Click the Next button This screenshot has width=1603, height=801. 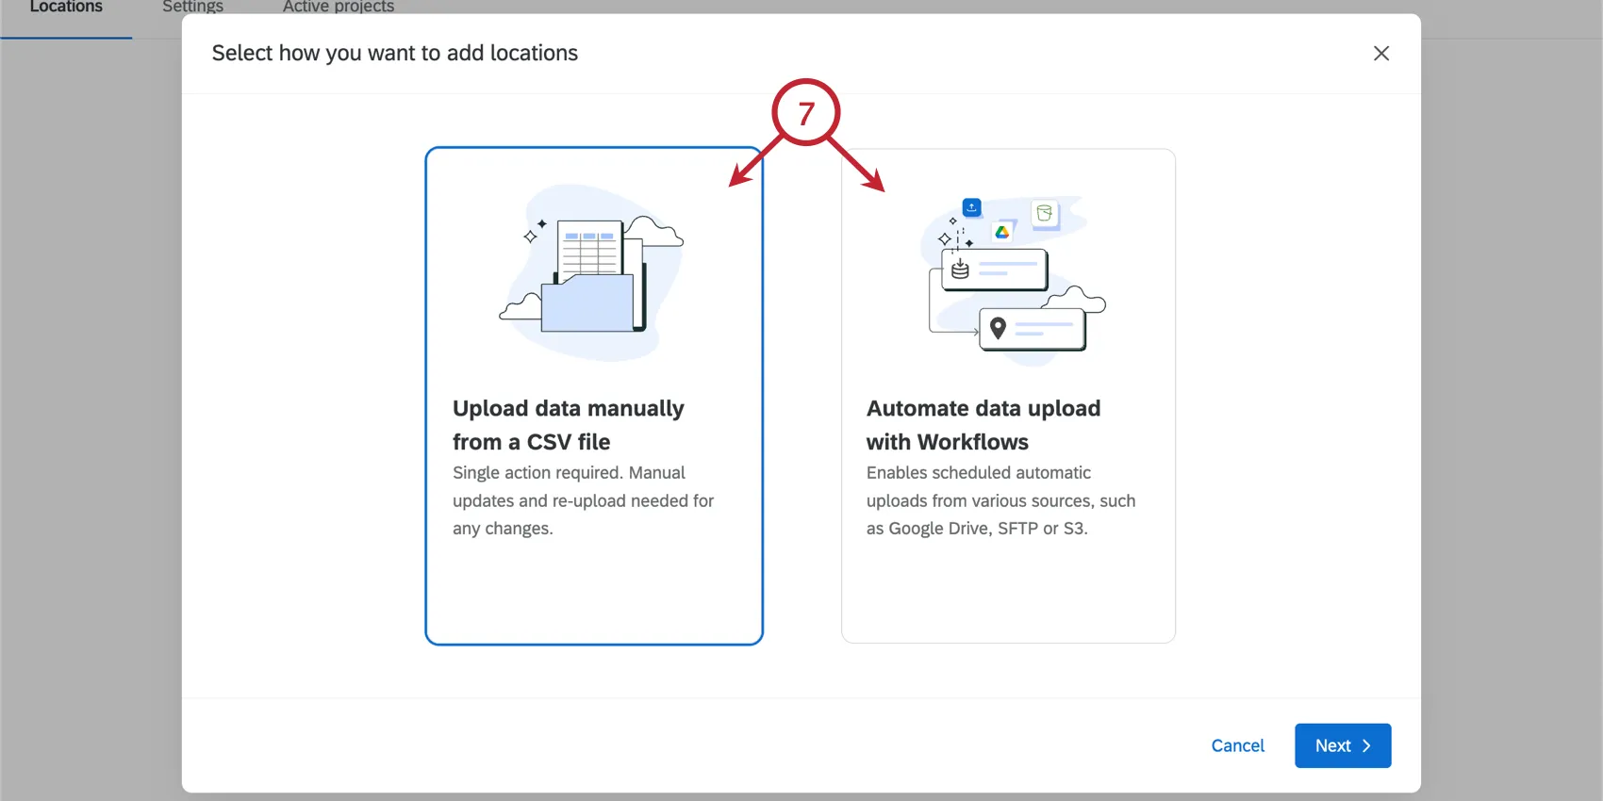point(1342,745)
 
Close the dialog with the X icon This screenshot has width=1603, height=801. point(1381,54)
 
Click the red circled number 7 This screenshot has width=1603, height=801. point(806,113)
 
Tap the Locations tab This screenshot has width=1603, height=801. point(66,8)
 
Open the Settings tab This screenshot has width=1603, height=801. point(192,8)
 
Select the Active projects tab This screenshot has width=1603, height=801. point(339,8)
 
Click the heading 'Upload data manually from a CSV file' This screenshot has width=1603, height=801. point(569,425)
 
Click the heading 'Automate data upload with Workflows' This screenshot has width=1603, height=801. point(983,425)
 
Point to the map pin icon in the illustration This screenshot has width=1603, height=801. point(998,328)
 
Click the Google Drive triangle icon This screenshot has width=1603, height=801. point(1001,232)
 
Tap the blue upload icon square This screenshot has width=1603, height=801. point(971,207)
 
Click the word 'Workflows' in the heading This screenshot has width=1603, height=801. point(973,442)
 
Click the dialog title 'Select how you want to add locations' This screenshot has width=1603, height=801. point(395,54)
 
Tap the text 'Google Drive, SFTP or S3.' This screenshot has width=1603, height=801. point(987,529)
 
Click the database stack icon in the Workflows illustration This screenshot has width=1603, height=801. point(960,270)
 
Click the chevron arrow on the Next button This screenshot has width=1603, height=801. point(1366,745)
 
